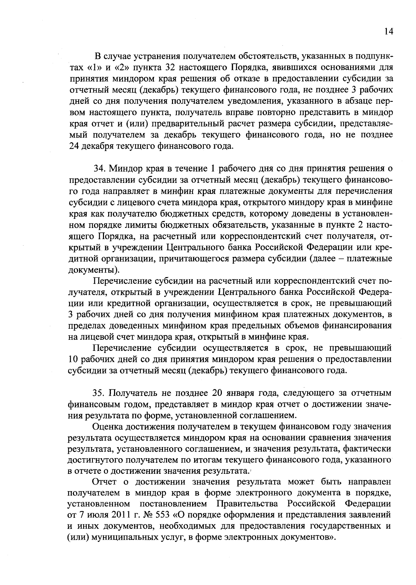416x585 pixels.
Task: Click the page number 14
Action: tap(389, 31)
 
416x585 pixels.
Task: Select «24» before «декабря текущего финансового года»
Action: tap(75, 146)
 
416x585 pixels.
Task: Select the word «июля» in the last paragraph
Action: tap(96, 514)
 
